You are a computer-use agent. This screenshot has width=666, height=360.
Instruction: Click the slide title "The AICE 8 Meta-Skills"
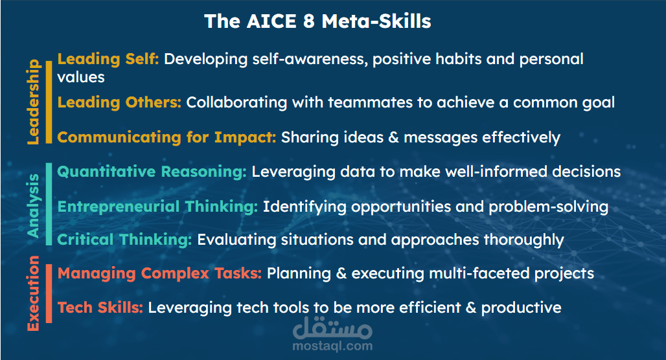click(x=317, y=21)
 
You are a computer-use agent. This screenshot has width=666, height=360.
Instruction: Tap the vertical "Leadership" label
click(x=33, y=102)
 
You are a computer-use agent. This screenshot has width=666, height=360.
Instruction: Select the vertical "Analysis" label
click(x=33, y=205)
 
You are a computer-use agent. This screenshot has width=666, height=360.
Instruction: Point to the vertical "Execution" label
click(x=33, y=293)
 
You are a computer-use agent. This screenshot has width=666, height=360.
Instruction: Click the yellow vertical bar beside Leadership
click(x=49, y=102)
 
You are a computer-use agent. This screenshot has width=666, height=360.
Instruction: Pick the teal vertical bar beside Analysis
click(x=49, y=204)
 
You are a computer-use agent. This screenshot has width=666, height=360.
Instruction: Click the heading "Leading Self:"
click(x=108, y=60)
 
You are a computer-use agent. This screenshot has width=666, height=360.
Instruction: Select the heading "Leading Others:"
click(x=119, y=102)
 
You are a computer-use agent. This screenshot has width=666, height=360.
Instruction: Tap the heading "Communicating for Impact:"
click(x=166, y=137)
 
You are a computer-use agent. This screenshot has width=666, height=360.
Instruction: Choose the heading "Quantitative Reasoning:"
click(x=152, y=172)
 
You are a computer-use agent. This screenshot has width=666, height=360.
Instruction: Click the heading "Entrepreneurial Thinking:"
click(x=157, y=207)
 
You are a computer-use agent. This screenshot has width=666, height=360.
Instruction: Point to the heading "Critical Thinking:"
click(x=124, y=240)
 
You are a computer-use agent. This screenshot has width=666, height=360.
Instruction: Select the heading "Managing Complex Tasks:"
click(x=159, y=274)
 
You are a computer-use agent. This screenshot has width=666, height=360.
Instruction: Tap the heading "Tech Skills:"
click(x=100, y=308)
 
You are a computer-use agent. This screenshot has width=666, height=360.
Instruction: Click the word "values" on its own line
click(x=81, y=77)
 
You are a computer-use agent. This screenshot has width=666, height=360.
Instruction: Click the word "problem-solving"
click(x=548, y=207)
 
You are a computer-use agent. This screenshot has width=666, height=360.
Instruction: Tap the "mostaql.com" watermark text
click(x=332, y=346)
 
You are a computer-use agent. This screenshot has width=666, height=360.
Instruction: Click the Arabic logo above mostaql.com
click(x=332, y=328)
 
